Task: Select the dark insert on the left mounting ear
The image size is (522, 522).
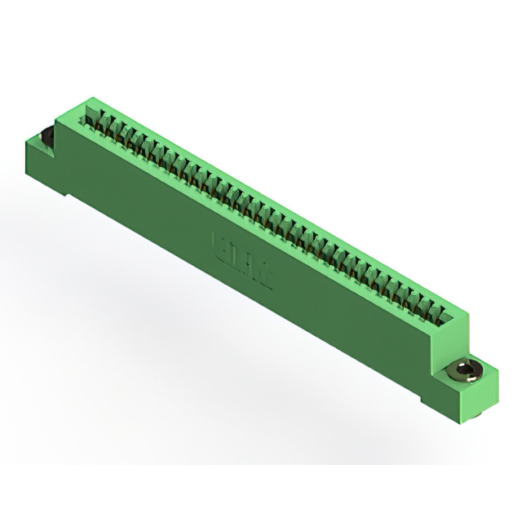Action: point(46,138)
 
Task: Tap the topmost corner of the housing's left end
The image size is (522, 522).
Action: point(90,99)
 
